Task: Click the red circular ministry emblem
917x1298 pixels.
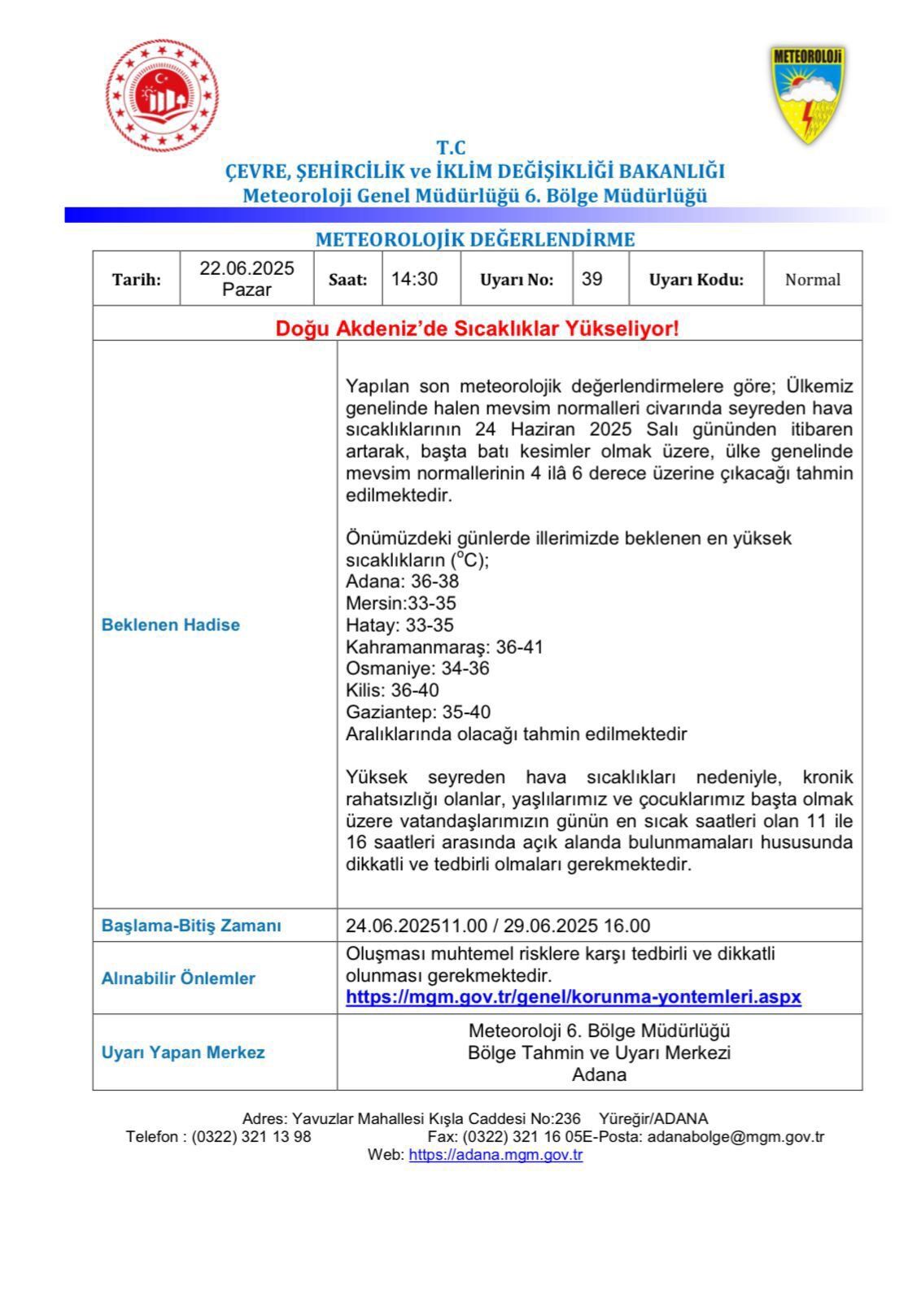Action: (162, 96)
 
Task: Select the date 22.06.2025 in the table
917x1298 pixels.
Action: (247, 269)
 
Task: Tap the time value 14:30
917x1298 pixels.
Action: (414, 279)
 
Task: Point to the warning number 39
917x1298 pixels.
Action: (592, 279)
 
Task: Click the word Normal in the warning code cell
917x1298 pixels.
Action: (812, 280)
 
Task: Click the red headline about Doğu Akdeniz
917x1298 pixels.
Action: (477, 329)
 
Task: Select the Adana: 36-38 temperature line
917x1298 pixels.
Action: (402, 581)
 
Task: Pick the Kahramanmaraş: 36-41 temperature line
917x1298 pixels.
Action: (444, 647)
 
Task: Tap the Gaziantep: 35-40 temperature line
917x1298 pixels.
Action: (418, 712)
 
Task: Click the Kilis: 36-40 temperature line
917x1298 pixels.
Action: (392, 690)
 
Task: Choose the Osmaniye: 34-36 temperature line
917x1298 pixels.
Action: (417, 669)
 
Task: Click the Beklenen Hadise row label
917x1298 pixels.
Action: (171, 625)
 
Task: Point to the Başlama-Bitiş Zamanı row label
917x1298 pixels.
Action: (191, 926)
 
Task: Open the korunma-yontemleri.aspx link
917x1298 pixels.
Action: (574, 996)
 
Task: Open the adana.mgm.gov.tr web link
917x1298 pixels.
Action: (496, 1154)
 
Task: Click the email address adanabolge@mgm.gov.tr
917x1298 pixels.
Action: (736, 1137)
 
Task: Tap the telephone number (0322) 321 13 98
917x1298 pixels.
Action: (251, 1137)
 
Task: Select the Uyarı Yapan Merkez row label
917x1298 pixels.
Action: (183, 1052)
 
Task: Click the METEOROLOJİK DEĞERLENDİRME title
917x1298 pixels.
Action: (475, 239)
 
